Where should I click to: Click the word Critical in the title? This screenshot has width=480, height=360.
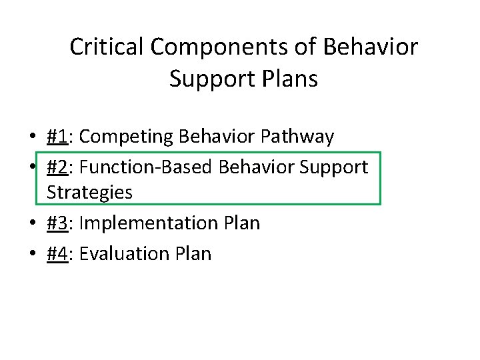(x=107, y=47)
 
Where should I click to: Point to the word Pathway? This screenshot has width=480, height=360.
(x=297, y=137)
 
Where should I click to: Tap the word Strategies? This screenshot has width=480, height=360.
(x=89, y=193)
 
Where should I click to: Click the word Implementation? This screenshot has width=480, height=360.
(x=145, y=223)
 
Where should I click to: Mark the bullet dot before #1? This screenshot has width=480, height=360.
(x=32, y=137)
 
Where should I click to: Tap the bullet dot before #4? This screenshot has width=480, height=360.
(x=32, y=254)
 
